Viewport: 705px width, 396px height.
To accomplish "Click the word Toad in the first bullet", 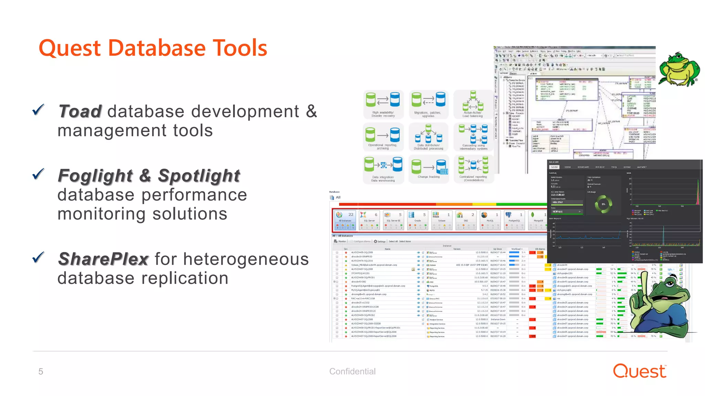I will coord(80,111).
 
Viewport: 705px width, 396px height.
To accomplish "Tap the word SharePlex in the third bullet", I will coord(103,259).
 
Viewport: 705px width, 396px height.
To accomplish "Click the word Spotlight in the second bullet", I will coord(199,176).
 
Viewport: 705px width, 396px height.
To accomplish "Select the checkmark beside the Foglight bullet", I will coord(38,174).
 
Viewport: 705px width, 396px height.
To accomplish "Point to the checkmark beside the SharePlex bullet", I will coord(38,257).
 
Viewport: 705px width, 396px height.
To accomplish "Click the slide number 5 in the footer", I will coord(41,372).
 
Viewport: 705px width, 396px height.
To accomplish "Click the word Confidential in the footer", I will coord(352,371).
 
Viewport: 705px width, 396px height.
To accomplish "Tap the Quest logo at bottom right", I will coord(640,371).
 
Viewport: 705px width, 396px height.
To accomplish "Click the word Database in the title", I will coord(157,48).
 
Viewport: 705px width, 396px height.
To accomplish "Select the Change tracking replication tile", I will coord(429,169).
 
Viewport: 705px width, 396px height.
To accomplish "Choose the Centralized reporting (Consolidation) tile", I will coord(473,169).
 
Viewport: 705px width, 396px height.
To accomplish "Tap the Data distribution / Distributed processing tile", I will coord(428,137).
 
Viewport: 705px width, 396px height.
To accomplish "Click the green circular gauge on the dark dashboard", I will coord(603,204).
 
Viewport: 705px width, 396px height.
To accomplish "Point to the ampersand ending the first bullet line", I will coord(312,111).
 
